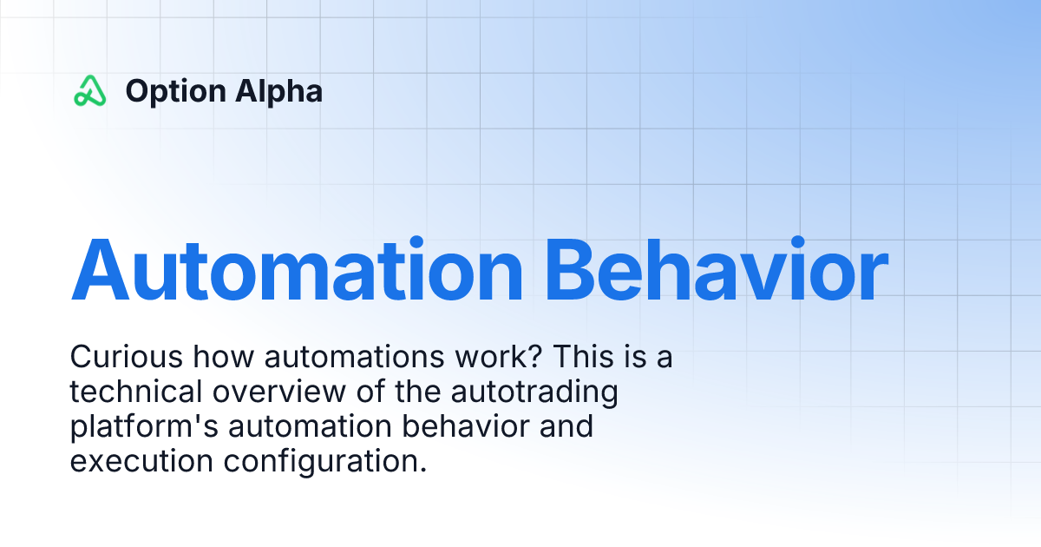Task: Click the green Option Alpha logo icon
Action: (x=89, y=91)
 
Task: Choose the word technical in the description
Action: (x=135, y=392)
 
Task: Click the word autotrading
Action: (x=533, y=392)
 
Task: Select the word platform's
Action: (x=143, y=428)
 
